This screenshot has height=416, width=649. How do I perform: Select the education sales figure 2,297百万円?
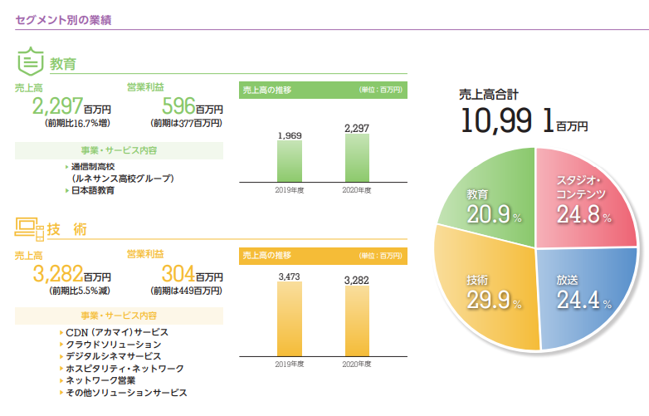click(x=71, y=106)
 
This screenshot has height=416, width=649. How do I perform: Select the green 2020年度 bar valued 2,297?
click(x=356, y=157)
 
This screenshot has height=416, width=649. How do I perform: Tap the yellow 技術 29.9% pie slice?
click(x=481, y=291)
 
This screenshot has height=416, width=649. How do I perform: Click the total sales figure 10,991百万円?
click(x=523, y=122)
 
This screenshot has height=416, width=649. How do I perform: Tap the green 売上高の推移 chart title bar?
click(x=321, y=90)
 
